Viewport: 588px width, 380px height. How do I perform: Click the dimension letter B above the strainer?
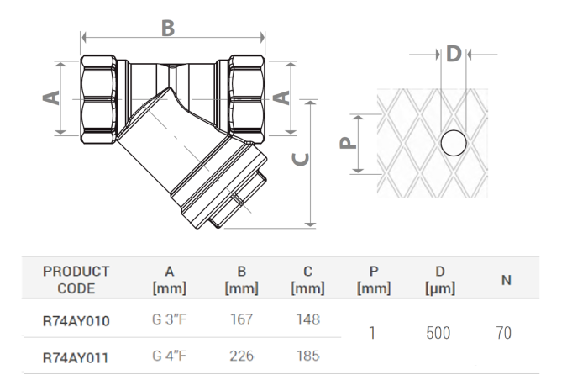click(x=168, y=28)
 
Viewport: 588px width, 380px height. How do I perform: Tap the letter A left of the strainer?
click(x=52, y=98)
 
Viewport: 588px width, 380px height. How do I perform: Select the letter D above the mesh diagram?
click(x=454, y=54)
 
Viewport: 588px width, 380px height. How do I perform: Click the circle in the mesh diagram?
click(x=454, y=145)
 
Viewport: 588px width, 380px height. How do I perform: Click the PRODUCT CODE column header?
click(x=76, y=280)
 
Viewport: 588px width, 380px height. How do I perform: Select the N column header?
click(x=507, y=280)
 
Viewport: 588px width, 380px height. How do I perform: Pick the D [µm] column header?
click(x=440, y=280)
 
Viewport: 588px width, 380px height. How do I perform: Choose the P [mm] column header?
click(x=374, y=280)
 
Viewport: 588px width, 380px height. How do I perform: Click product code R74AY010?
click(x=76, y=320)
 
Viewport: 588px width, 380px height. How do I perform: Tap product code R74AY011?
click(x=76, y=356)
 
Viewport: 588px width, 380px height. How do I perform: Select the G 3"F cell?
click(x=170, y=319)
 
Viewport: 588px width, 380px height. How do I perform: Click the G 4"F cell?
click(x=170, y=356)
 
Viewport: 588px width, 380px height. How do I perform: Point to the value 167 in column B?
click(x=241, y=319)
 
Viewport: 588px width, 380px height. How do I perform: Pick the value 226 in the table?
click(x=241, y=356)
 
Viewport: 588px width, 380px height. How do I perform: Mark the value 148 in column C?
click(x=307, y=319)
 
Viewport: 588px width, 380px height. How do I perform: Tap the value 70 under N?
click(x=503, y=334)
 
